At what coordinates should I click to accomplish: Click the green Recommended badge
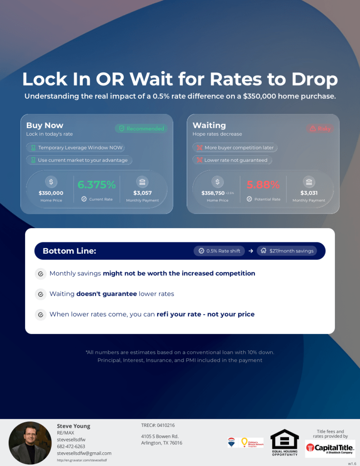141,128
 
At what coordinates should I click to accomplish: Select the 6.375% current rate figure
96,184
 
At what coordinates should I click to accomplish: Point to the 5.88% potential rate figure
263,184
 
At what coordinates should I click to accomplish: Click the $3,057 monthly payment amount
142,193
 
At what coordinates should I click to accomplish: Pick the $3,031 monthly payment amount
309,193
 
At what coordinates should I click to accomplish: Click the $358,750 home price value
213,193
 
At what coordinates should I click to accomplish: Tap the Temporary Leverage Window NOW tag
76,148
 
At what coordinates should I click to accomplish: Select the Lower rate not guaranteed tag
232,160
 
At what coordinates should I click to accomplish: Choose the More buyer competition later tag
235,148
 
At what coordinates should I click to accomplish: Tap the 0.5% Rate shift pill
219,251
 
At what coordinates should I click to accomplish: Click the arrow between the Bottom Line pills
251,251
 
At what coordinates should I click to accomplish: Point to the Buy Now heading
45,125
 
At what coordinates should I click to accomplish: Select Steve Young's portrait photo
30,442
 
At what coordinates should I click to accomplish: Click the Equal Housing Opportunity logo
285,442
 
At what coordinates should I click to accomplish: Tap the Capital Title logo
330,448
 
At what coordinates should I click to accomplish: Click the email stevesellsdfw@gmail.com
84,453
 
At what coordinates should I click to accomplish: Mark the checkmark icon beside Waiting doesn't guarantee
41,294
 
